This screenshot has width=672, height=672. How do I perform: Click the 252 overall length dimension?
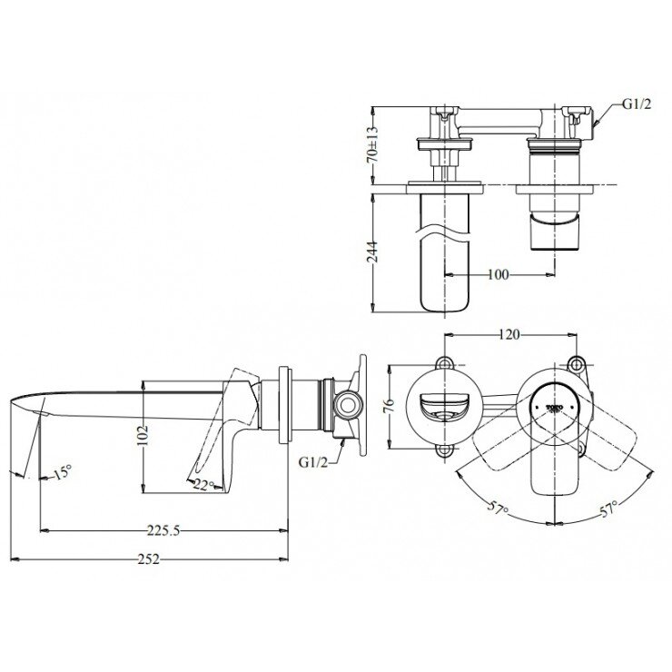[150, 560]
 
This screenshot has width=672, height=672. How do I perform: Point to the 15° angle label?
[61, 473]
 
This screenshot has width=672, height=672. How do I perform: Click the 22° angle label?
[203, 486]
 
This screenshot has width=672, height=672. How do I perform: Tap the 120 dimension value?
[509, 335]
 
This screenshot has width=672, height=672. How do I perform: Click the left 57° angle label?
[496, 510]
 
